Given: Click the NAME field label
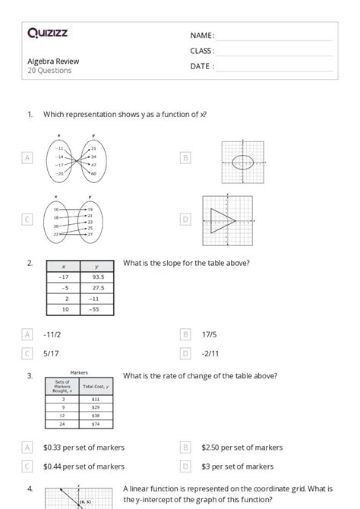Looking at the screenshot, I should click(202, 36).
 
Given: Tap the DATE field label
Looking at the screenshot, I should click(202, 66).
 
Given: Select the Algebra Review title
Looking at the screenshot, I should click(53, 61).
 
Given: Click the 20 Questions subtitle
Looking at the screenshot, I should click(50, 71).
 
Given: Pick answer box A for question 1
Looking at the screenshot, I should click(28, 157).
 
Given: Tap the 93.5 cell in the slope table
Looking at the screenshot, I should click(96, 278).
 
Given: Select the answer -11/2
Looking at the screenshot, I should click(55, 334).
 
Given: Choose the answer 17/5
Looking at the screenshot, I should click(210, 334).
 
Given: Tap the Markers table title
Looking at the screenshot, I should click(80, 374).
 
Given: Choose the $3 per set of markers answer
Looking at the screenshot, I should click(238, 466).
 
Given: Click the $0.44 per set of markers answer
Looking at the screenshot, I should click(84, 466).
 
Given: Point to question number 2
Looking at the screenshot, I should click(30, 263).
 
